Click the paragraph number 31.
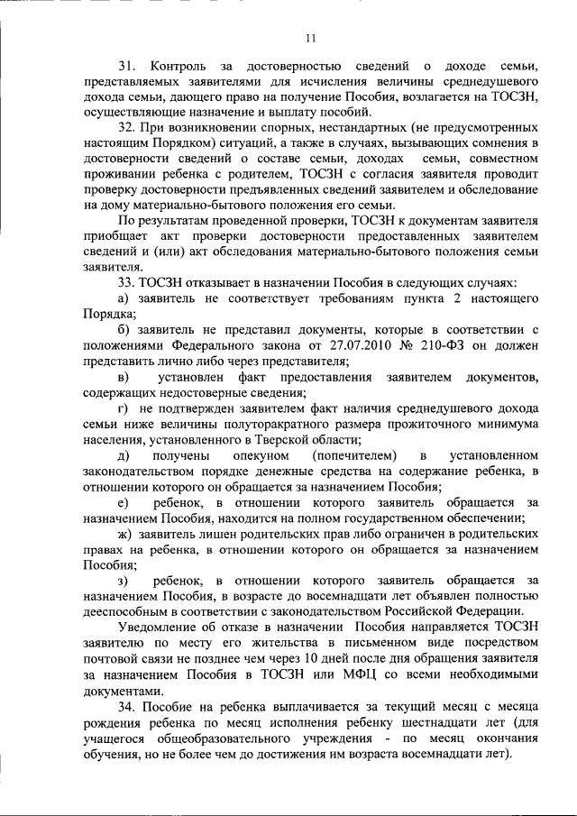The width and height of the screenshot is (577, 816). pos(127,67)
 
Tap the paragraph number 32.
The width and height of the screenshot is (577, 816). pos(127,128)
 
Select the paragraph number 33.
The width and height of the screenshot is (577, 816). pos(127,281)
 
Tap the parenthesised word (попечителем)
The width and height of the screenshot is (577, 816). pos(352,457)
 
